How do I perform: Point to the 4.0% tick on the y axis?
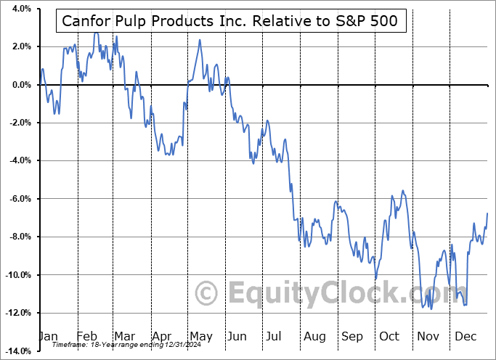[19, 9]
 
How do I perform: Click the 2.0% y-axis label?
[19, 46]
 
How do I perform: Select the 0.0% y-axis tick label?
[19, 85]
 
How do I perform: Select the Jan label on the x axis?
[49, 336]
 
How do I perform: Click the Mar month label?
[125, 336]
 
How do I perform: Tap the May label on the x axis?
[200, 336]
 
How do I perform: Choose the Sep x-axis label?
[351, 336]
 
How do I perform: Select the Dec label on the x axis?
[465, 336]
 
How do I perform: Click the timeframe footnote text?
[118, 345]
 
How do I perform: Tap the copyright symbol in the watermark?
[208, 293]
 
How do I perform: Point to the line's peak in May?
[200, 39]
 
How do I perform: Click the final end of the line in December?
[487, 212]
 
